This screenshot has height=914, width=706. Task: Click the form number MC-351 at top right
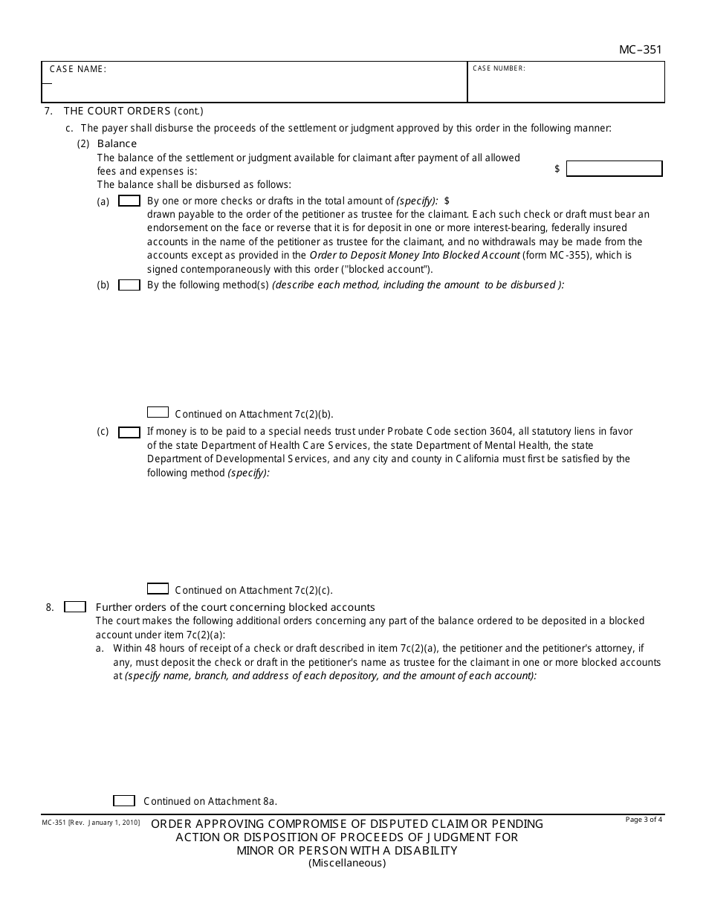[640, 51]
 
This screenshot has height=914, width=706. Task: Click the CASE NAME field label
[77, 69]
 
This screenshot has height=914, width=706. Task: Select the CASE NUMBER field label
[499, 68]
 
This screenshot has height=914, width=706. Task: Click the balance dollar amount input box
[613, 169]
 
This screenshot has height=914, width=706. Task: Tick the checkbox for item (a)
[129, 201]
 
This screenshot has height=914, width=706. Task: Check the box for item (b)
[129, 285]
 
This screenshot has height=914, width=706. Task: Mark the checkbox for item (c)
[129, 432]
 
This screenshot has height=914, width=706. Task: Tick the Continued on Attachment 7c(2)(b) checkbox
[158, 412]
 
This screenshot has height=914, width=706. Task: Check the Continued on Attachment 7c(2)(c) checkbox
[158, 589]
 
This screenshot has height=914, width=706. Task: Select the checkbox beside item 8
[75, 607]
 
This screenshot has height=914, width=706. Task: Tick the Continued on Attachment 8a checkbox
[123, 800]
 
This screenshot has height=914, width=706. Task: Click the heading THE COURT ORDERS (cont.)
[133, 111]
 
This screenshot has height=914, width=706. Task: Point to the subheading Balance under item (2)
[117, 143]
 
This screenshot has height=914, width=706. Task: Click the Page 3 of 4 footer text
[644, 820]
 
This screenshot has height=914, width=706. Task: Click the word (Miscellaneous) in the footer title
[347, 863]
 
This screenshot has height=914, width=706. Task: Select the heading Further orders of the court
[235, 607]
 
